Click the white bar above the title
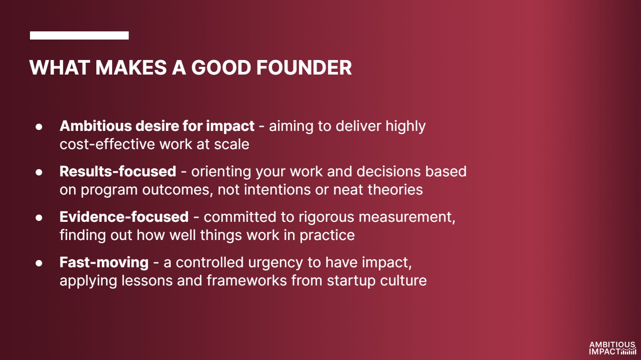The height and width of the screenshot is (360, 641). (x=79, y=35)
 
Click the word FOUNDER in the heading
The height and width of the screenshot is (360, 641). (x=304, y=68)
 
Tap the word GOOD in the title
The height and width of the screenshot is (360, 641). (x=221, y=68)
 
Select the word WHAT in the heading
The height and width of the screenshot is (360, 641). (x=60, y=68)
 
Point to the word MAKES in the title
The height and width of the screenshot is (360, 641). (x=131, y=68)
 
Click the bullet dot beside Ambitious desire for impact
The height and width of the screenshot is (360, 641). (x=39, y=126)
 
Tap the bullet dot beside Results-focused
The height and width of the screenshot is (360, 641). (x=39, y=172)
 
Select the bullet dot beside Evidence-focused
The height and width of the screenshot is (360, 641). (x=39, y=218)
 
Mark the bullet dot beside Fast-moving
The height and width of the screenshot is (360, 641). (x=39, y=263)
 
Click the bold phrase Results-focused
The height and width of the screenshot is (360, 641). (x=118, y=171)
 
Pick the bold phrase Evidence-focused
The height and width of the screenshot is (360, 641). (x=124, y=217)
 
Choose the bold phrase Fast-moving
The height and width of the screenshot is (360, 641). (x=104, y=263)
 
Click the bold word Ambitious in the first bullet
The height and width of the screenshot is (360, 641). (x=95, y=126)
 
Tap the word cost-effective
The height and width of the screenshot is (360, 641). (x=107, y=144)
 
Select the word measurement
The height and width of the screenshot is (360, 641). (x=407, y=217)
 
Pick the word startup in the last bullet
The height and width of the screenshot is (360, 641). (x=351, y=281)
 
